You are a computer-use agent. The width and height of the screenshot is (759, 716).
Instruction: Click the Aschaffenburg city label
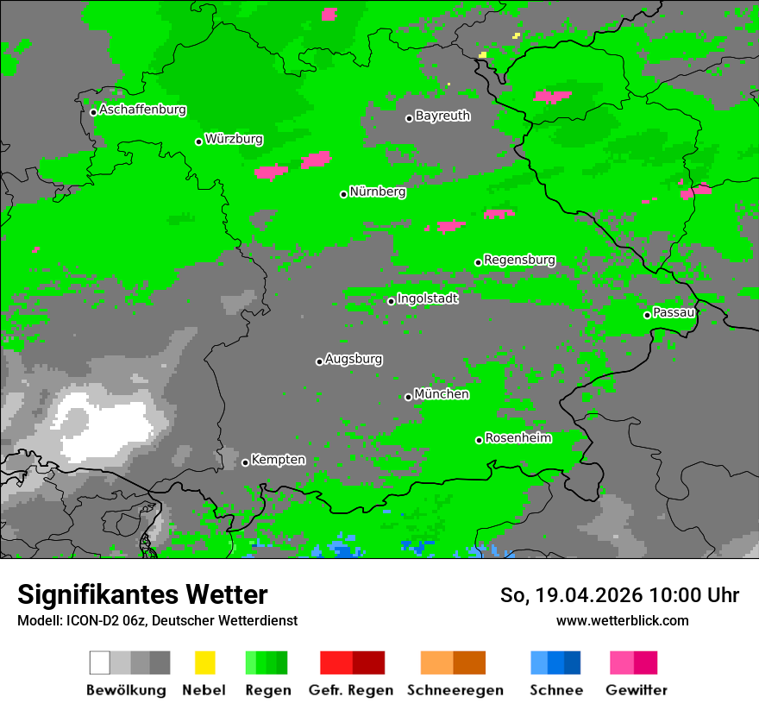click(x=142, y=110)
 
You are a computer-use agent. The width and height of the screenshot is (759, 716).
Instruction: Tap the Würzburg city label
click(x=234, y=139)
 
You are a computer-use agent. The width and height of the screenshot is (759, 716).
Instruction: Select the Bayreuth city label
click(x=442, y=116)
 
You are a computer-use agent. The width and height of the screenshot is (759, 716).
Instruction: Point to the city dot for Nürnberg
click(x=343, y=194)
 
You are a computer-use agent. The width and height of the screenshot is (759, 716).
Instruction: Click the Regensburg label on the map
click(x=519, y=260)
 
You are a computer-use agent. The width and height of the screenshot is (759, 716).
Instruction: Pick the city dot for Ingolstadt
click(x=391, y=301)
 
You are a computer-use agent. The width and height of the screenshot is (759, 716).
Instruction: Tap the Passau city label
click(x=674, y=312)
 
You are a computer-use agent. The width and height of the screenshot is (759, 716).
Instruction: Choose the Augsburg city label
click(x=354, y=359)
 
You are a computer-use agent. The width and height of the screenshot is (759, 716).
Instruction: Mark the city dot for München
click(x=408, y=397)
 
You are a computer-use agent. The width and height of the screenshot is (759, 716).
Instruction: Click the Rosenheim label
click(x=517, y=438)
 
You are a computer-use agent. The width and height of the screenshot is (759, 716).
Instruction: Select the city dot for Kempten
click(x=245, y=462)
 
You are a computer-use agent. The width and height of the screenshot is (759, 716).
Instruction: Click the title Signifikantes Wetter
click(x=142, y=594)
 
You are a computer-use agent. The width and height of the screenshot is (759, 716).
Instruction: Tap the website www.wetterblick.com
click(x=622, y=620)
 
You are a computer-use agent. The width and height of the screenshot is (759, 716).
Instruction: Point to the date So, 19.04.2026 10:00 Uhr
click(x=619, y=595)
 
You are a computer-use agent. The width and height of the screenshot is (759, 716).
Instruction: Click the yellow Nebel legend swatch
click(x=204, y=663)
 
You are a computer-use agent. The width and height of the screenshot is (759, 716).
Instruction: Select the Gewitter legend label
click(x=636, y=690)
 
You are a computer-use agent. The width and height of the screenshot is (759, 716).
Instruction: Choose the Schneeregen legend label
click(x=455, y=690)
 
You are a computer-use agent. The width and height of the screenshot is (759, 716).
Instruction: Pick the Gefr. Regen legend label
click(x=350, y=690)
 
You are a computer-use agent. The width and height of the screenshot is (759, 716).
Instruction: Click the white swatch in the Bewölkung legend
click(x=99, y=663)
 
